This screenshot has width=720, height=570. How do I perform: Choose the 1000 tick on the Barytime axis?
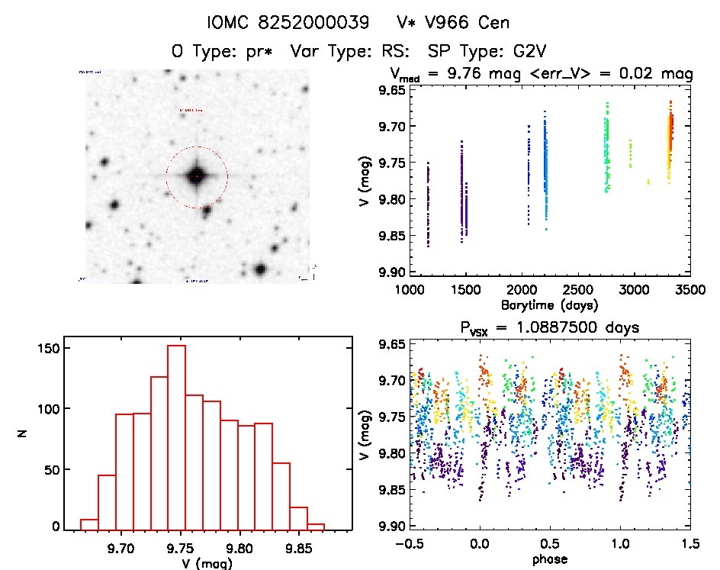point(410,290)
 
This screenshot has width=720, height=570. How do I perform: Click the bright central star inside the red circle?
point(197,176)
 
